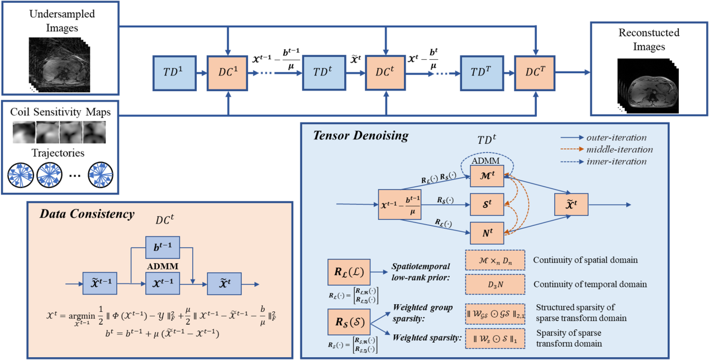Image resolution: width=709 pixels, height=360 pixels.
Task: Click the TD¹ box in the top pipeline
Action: pyautogui.click(x=172, y=73)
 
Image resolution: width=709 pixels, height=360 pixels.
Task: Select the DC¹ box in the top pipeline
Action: pyautogui.click(x=228, y=73)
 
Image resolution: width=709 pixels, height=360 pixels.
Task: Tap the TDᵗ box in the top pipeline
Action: pyautogui.click(x=323, y=73)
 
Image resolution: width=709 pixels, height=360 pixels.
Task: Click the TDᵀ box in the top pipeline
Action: pyautogui.click(x=480, y=73)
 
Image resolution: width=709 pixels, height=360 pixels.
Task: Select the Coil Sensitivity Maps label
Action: pyautogui.click(x=60, y=112)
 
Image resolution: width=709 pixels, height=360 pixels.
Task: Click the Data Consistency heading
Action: pyautogui.click(x=87, y=214)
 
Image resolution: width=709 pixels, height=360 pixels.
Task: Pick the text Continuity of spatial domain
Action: pyautogui.click(x=586, y=260)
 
